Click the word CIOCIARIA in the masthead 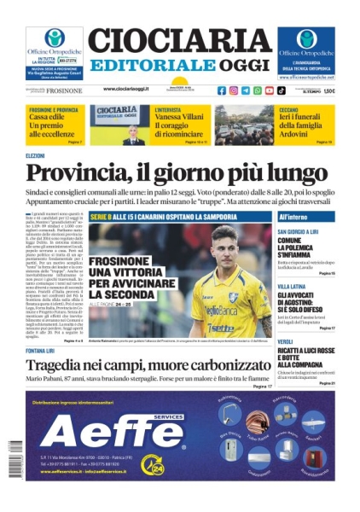pyautogui.click(x=180, y=41)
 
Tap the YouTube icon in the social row pyautogui.click(x=270, y=90)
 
